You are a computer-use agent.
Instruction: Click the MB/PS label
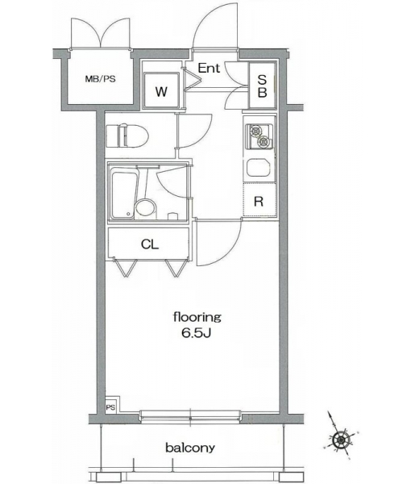[100, 79]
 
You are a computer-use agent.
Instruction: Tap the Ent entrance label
[209, 69]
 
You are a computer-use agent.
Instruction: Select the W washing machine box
[161, 90]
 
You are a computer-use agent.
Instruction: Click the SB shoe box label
[262, 86]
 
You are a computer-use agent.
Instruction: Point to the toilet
[127, 136]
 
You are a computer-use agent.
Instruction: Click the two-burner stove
[259, 136]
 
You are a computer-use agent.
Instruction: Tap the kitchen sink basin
[259, 168]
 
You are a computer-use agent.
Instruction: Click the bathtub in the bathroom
[123, 194]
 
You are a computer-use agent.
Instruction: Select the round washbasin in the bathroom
[145, 208]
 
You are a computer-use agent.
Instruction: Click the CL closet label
[150, 244]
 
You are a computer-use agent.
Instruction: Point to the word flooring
[197, 317]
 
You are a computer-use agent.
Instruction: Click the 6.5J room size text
[196, 333]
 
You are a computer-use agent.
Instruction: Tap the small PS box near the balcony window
[110, 407]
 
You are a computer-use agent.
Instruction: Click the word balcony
[190, 447]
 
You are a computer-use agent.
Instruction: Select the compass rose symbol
[341, 439]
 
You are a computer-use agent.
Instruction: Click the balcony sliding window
[190, 415]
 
